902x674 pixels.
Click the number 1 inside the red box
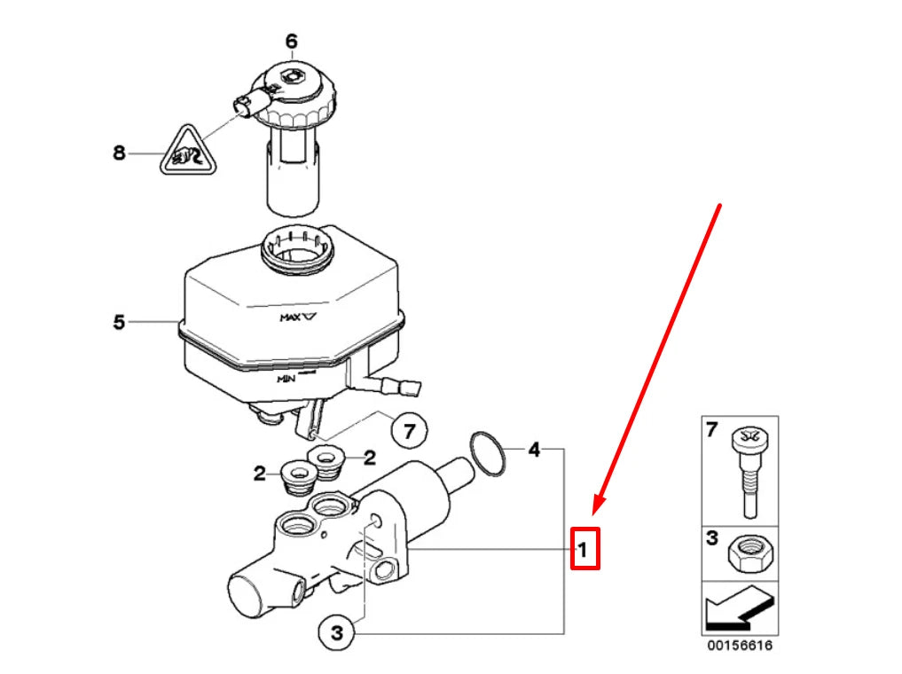(583, 549)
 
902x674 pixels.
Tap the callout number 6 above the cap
(291, 41)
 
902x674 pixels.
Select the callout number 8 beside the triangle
(120, 153)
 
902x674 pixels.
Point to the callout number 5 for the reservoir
(120, 322)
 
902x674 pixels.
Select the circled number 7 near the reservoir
(409, 432)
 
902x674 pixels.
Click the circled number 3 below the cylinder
(336, 633)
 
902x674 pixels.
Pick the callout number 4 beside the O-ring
(533, 450)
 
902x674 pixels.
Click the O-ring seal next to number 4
(488, 452)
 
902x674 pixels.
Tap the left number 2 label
(259, 474)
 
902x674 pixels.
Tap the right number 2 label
(369, 458)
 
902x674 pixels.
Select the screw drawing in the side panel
(747, 470)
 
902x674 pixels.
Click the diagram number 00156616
(740, 646)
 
